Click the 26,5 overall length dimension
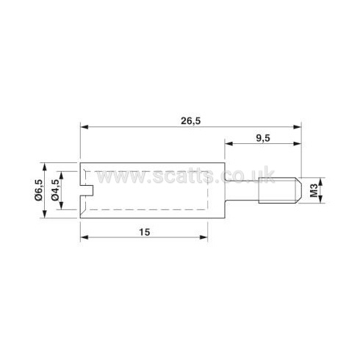point(190,121)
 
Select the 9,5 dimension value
point(263,138)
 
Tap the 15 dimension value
point(145,232)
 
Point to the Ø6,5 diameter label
point(39,190)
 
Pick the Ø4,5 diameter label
point(56,190)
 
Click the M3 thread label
point(314,190)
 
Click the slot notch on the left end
point(87,190)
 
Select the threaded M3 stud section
point(280,190)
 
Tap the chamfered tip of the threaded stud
point(299,190)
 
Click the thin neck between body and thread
point(242,190)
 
